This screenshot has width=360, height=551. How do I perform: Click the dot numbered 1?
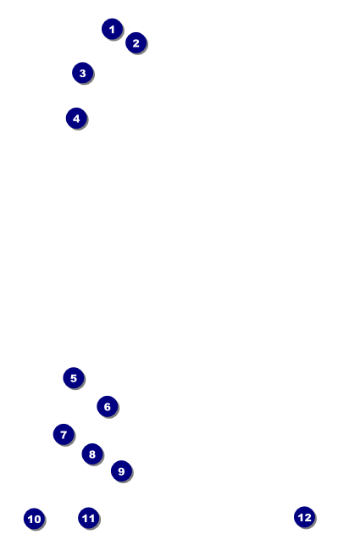click(x=112, y=29)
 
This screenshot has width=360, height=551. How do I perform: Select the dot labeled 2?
click(x=136, y=43)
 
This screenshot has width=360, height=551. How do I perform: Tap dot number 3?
click(x=82, y=73)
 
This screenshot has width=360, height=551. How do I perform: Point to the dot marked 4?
click(x=76, y=119)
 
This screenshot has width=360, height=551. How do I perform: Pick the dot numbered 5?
click(x=74, y=378)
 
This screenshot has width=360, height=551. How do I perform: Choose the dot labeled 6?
click(x=107, y=406)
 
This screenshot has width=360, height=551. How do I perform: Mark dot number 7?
click(x=64, y=434)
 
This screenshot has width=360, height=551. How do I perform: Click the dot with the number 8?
click(x=92, y=454)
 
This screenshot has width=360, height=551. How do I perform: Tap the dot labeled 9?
click(x=121, y=470)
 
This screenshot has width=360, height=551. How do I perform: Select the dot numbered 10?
click(x=34, y=519)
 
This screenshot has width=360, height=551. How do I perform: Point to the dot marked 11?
click(x=88, y=518)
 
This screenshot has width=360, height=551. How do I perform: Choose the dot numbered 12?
click(x=304, y=517)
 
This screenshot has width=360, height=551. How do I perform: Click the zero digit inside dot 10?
click(x=37, y=519)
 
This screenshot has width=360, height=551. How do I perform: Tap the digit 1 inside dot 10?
click(x=30, y=519)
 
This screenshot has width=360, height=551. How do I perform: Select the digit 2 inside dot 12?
click(x=307, y=517)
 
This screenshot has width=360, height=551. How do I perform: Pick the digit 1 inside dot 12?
click(x=301, y=517)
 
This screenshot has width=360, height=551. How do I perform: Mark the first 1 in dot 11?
click(x=85, y=518)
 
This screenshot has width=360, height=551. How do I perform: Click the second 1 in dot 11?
click(x=91, y=518)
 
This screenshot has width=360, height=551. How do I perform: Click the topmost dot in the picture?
click(x=112, y=29)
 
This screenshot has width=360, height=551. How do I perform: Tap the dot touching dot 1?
click(x=136, y=43)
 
